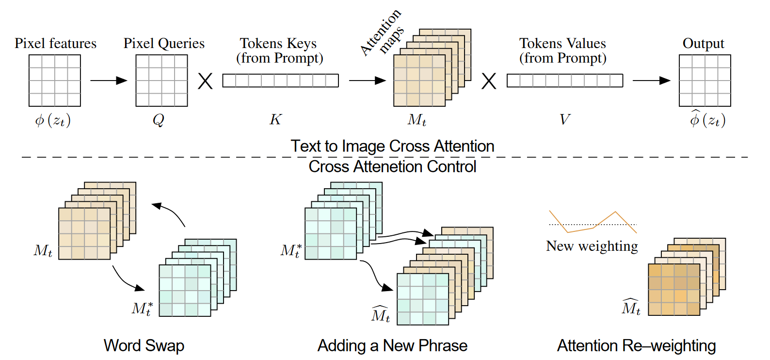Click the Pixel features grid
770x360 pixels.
pyautogui.click(x=55, y=81)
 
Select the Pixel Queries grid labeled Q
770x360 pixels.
pyautogui.click(x=161, y=81)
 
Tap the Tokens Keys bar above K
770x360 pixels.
pyautogui.click(x=280, y=81)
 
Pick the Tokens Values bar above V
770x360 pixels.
pyautogui.click(x=565, y=81)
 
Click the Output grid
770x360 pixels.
pyautogui.click(x=705, y=81)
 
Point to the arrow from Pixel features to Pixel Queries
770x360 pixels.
pyautogui.click(x=109, y=81)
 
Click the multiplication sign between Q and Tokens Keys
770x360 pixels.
pyautogui.click(x=205, y=81)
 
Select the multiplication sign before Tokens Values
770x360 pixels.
pyautogui.click(x=489, y=81)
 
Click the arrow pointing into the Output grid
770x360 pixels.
pyautogui.click(x=652, y=81)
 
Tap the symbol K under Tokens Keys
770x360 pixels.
pyautogui.click(x=275, y=119)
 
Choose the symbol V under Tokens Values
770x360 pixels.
pyautogui.click(x=564, y=119)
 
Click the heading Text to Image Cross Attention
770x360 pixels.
pyautogui.click(x=393, y=146)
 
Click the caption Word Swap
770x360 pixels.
pyautogui.click(x=144, y=346)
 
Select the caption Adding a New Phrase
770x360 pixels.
pyautogui.click(x=393, y=346)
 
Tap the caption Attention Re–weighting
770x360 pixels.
pyautogui.click(x=637, y=346)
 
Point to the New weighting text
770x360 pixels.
pyautogui.click(x=592, y=246)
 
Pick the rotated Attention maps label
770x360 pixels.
pyautogui.click(x=382, y=33)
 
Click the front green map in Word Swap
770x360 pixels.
pyautogui.click(x=185, y=291)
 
